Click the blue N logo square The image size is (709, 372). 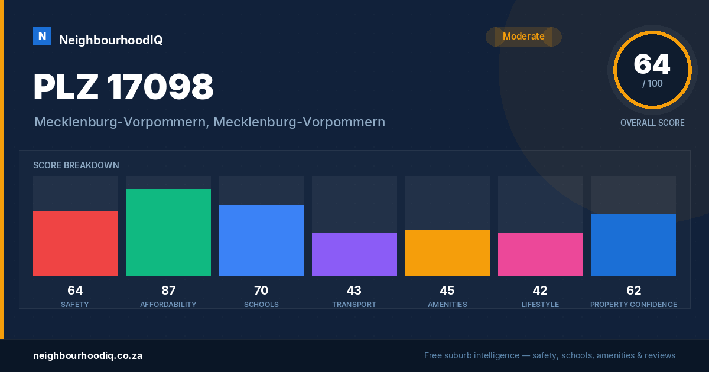[x=42, y=37]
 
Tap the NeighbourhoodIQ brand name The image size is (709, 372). [x=111, y=40]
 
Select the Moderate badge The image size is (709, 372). [x=523, y=37]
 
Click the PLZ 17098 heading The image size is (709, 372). [x=123, y=86]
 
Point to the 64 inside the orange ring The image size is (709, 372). [x=652, y=64]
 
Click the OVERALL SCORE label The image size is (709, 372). [x=652, y=123]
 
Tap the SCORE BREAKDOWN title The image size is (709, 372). [x=76, y=165]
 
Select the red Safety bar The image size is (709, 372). [x=76, y=243]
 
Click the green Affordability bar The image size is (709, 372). [x=168, y=232]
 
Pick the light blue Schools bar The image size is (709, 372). [x=261, y=241]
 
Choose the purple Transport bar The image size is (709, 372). [x=354, y=254]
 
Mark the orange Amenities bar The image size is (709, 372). [x=447, y=253]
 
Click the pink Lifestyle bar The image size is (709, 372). [x=540, y=254]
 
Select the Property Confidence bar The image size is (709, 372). [x=633, y=245]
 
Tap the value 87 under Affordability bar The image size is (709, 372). [x=168, y=291]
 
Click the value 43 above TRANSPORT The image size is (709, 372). [x=354, y=291]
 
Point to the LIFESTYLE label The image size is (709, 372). [x=540, y=305]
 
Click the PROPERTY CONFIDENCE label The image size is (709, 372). [x=633, y=305]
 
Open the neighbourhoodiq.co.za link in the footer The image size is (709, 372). [x=87, y=356]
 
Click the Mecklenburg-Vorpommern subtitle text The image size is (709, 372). [x=210, y=122]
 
